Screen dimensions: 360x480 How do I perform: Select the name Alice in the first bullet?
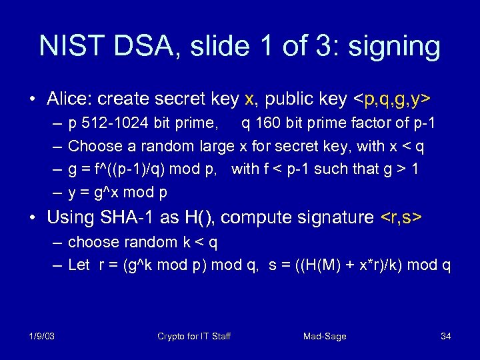[x=70, y=99]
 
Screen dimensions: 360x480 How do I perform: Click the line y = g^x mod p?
[x=117, y=192]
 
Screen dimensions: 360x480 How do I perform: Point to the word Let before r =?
[x=79, y=265]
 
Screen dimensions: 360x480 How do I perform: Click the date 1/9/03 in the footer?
[x=42, y=336]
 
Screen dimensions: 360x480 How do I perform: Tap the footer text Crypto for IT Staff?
[x=194, y=336]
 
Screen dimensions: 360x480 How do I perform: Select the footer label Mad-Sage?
[x=325, y=336]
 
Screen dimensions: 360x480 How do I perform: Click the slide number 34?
[x=446, y=336]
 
